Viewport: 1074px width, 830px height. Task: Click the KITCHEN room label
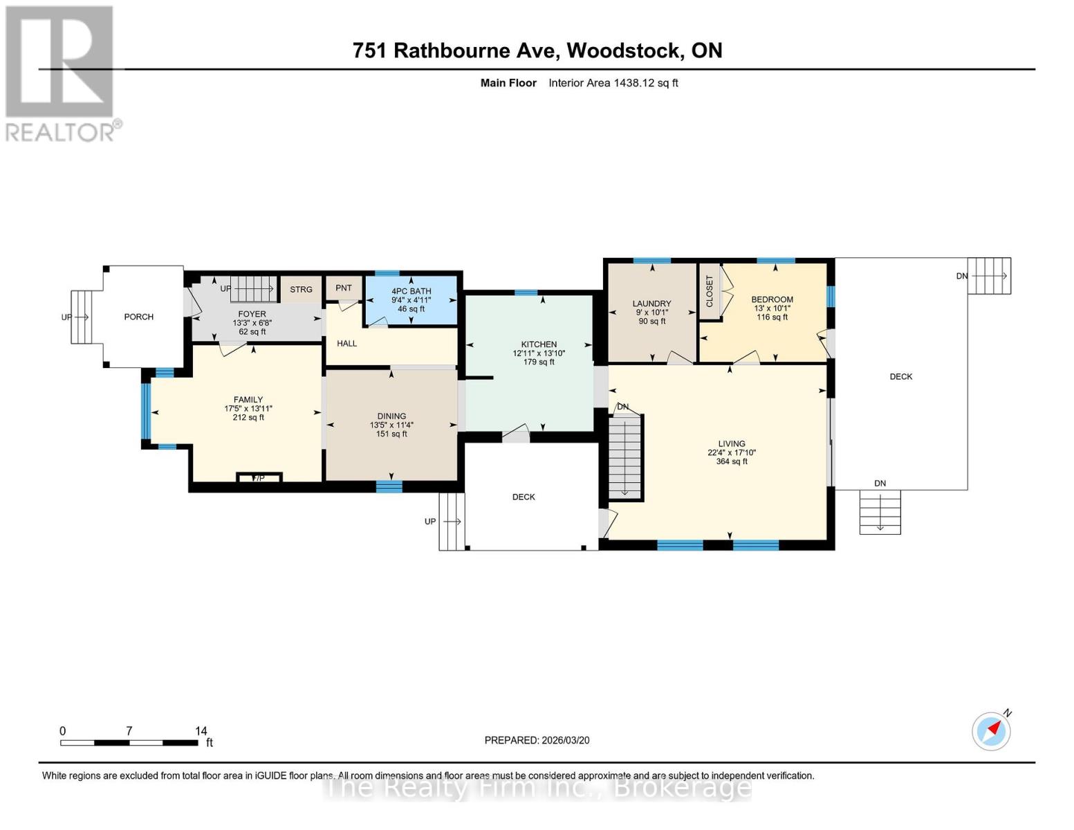pyautogui.click(x=539, y=344)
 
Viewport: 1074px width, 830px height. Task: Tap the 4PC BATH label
pyautogui.click(x=411, y=291)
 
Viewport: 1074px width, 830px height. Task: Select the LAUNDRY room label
pyautogui.click(x=651, y=304)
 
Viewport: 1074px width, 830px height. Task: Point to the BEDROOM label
pyautogui.click(x=772, y=299)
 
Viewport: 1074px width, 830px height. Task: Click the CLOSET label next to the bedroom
pyautogui.click(x=709, y=291)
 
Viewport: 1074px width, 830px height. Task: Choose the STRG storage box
pyautogui.click(x=301, y=290)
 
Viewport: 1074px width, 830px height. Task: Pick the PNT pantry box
pyautogui.click(x=344, y=288)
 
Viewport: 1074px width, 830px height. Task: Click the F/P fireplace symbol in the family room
pyautogui.click(x=259, y=478)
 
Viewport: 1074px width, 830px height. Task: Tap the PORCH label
pyautogui.click(x=138, y=317)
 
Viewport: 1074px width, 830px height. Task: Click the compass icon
pyautogui.click(x=991, y=730)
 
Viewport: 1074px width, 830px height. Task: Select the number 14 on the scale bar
pyautogui.click(x=201, y=731)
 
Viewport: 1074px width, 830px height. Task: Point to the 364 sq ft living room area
pyautogui.click(x=732, y=461)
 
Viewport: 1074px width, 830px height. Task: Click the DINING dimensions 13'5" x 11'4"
pyautogui.click(x=391, y=425)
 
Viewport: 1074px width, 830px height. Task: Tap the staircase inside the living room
pyautogui.click(x=625, y=456)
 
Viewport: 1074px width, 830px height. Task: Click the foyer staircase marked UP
pyautogui.click(x=252, y=288)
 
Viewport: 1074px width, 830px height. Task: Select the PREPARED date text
pyautogui.click(x=537, y=740)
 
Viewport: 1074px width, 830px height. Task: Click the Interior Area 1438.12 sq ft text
pyautogui.click(x=613, y=83)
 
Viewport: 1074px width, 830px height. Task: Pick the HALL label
pyautogui.click(x=346, y=343)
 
